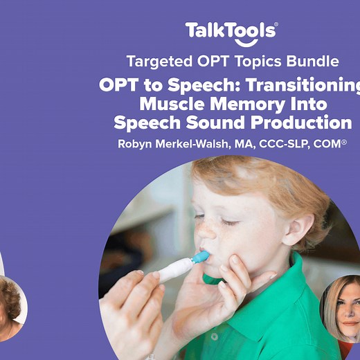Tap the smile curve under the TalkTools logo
tap(231, 41)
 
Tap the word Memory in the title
tap(251, 105)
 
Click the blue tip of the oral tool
tap(200, 258)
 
